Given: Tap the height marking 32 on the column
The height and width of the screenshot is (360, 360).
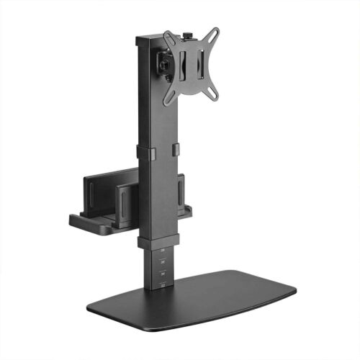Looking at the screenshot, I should coord(162,284).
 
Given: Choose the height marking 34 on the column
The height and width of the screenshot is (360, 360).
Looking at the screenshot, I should coord(162,273).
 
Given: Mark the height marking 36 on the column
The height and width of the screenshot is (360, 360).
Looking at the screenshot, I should coord(162,261).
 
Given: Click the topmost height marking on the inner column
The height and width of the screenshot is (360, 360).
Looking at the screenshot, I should coord(162,250).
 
